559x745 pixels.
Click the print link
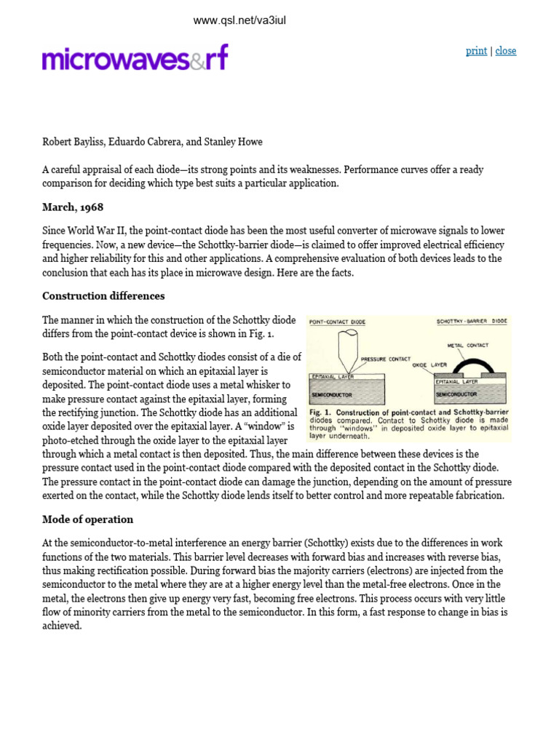pyautogui.click(x=476, y=51)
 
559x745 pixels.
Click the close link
pyautogui.click(x=506, y=51)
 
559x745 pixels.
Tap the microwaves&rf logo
pyautogui.click(x=135, y=57)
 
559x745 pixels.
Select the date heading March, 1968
pyautogui.click(x=73, y=207)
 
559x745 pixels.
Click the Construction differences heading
pyautogui.click(x=103, y=296)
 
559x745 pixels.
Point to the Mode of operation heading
pyautogui.click(x=87, y=519)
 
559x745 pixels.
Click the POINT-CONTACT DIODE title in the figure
pyautogui.click(x=337, y=322)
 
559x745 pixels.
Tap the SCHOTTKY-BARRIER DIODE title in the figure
pyautogui.click(x=472, y=321)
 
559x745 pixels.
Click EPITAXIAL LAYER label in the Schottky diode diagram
pyautogui.click(x=456, y=381)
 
